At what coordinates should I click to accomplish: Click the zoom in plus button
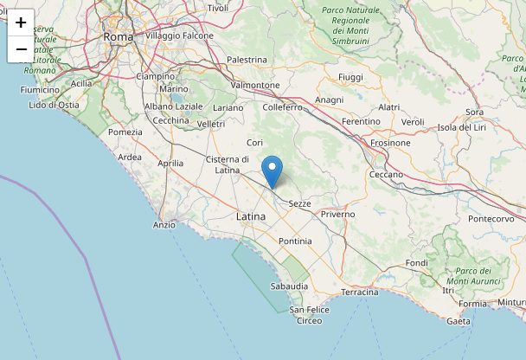coord(21,22)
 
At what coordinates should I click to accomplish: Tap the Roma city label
coord(118,37)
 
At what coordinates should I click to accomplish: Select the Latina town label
coord(252,215)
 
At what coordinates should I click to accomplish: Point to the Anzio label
coord(164,225)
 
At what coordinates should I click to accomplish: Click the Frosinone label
coord(389,142)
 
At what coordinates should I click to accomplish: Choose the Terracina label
coord(360,292)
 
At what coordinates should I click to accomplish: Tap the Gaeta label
coord(459,321)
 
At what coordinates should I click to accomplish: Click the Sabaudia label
coord(289,286)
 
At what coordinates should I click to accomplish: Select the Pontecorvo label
coord(491,219)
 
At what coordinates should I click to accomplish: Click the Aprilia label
coord(170,163)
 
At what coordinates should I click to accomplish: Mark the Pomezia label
coord(125,132)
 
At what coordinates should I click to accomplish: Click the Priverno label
coord(337,213)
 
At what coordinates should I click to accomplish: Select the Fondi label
coord(416,263)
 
